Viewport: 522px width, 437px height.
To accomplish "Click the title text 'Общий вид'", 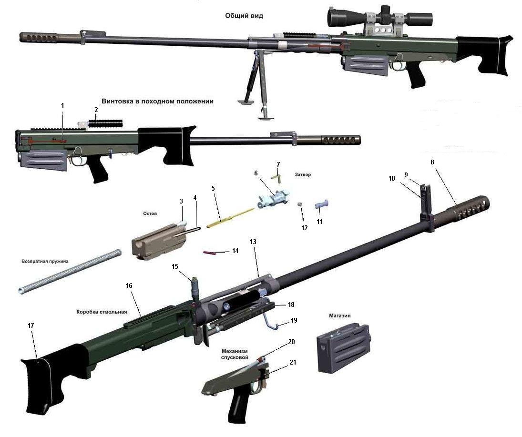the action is point(244,16).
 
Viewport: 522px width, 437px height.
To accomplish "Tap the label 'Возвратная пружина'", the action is point(45,261).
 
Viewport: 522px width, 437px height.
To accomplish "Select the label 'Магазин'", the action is point(340,315).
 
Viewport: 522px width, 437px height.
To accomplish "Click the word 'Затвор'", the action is point(303,174).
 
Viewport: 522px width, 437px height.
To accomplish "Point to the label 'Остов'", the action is point(150,213).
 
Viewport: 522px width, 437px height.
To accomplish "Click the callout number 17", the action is point(31,325).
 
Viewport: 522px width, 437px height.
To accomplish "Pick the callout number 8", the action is point(432,162).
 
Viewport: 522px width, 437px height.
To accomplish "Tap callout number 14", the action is point(235,251).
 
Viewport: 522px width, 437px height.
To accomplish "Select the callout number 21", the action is point(293,362).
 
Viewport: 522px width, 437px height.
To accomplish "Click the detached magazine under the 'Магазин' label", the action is point(343,348).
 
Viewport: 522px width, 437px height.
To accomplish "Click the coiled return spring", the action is point(69,271).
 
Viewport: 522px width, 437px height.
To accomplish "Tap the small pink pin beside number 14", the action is point(209,253).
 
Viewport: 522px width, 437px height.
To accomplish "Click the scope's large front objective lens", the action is point(334,17).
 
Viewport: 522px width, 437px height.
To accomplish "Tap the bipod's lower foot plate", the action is point(266,117).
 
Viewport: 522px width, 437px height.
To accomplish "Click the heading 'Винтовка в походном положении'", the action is point(157,101).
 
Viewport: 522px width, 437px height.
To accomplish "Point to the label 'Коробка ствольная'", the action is point(102,312).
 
